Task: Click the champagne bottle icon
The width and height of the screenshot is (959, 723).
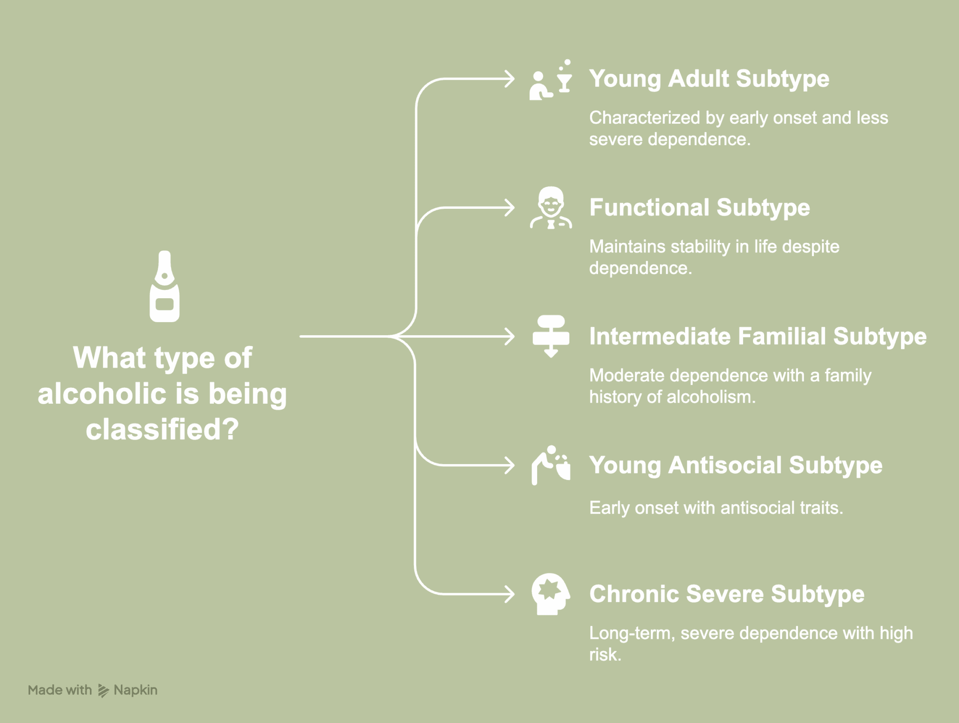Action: [x=164, y=287]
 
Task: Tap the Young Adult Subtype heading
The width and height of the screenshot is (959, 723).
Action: [x=709, y=79]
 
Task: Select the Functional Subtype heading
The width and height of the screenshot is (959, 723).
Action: [x=699, y=207]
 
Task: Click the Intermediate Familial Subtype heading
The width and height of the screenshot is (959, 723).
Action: [x=757, y=336]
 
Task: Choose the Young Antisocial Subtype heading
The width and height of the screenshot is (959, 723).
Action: [x=735, y=465]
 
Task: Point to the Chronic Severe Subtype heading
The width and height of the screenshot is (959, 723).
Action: [x=726, y=594]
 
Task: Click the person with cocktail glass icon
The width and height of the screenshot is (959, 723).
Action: [x=550, y=80]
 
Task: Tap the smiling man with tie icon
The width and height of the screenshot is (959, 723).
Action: [x=551, y=207]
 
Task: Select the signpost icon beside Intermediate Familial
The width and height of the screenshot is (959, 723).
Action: [x=551, y=336]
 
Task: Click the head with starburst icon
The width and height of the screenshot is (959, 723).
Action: [x=550, y=594]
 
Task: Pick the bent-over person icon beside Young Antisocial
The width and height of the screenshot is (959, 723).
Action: [x=551, y=465]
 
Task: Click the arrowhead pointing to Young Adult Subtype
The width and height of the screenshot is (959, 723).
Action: [x=510, y=79]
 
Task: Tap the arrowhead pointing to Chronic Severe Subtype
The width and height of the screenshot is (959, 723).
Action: [x=510, y=594]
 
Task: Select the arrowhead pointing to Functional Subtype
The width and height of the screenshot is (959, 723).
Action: [x=510, y=208]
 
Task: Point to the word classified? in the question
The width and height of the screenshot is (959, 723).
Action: [x=162, y=429]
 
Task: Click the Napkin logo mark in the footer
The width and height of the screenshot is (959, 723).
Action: [x=103, y=690]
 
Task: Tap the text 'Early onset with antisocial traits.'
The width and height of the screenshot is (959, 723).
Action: [x=716, y=508]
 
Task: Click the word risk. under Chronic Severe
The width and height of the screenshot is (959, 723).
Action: [x=605, y=655]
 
